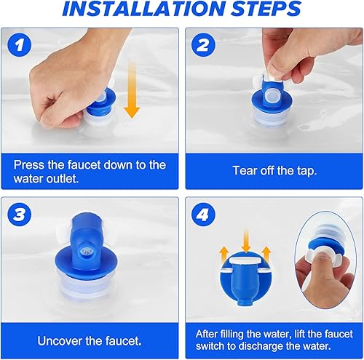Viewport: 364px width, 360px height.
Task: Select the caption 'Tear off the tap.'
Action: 274,170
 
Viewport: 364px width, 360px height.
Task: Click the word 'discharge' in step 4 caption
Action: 268,348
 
